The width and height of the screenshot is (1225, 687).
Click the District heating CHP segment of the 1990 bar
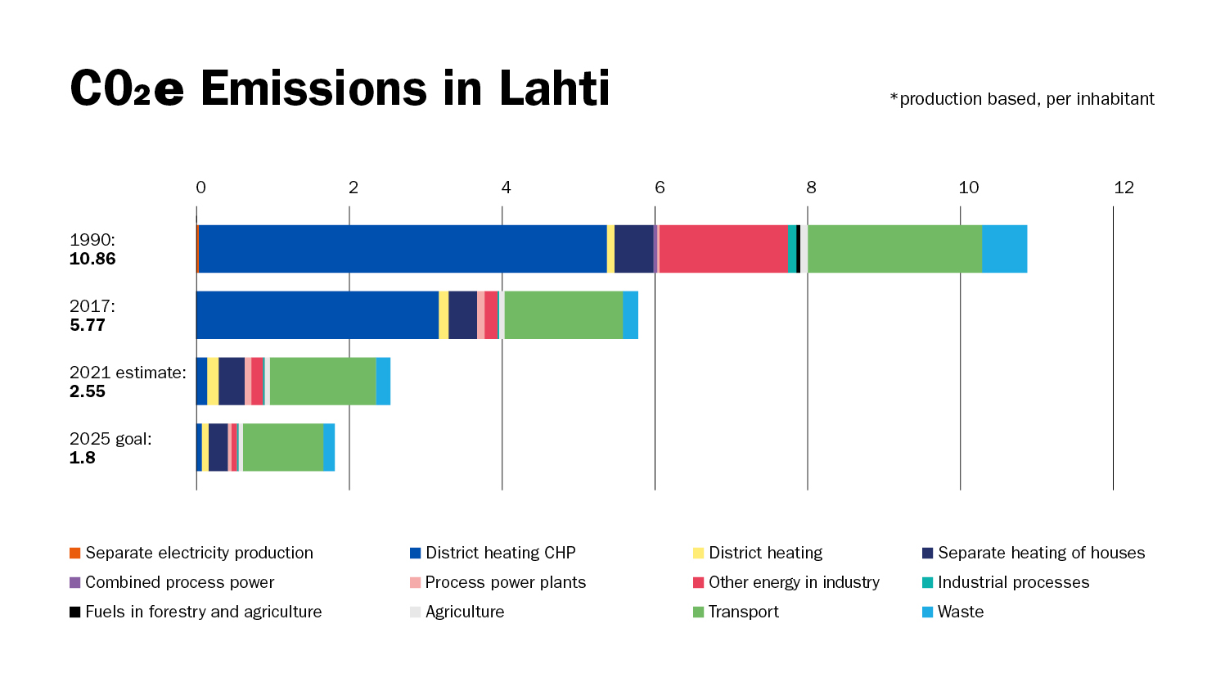coord(402,249)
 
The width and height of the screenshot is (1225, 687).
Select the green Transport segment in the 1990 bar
coord(894,249)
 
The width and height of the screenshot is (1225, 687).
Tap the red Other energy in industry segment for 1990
coord(723,249)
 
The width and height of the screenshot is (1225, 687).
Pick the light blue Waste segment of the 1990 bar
coord(1004,249)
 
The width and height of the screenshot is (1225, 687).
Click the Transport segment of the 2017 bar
coord(564,315)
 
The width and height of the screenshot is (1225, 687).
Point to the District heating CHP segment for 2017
coord(318,315)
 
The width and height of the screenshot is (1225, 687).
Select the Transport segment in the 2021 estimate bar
coord(322,382)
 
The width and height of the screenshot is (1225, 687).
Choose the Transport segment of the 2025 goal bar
coord(283,448)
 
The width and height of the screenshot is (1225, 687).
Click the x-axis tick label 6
coord(660,188)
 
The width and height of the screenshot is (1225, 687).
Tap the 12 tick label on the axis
coord(1124,188)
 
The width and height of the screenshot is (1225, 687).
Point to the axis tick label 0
coord(200,188)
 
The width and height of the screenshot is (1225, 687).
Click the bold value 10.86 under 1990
coord(92,260)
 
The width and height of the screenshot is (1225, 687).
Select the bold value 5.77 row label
coord(88,326)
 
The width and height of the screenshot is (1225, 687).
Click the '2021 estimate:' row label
coord(128,373)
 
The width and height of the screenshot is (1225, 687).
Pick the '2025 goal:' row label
coord(110,439)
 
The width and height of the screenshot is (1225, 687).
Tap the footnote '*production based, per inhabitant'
coord(1022,99)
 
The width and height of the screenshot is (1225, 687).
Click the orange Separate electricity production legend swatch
coord(75,554)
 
